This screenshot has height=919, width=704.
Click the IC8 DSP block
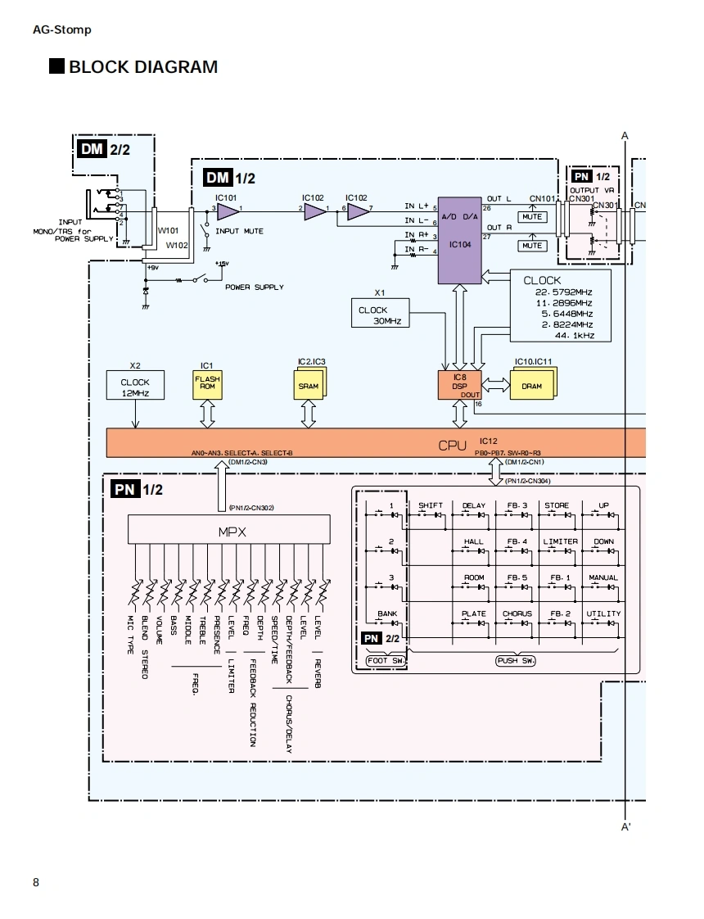click(x=459, y=385)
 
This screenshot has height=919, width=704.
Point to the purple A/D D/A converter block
click(x=459, y=240)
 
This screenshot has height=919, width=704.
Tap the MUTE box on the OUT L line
click(x=532, y=218)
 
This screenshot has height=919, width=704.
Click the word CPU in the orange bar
click(x=453, y=446)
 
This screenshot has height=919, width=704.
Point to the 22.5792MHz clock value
click(x=563, y=292)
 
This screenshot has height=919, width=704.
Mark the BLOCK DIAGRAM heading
click(x=143, y=67)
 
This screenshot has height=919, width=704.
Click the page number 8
click(x=36, y=882)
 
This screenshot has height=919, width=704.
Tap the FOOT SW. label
click(x=386, y=660)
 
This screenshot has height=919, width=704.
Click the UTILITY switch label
click(x=603, y=613)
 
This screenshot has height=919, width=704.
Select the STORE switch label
click(x=557, y=505)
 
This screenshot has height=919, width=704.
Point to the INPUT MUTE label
click(x=239, y=231)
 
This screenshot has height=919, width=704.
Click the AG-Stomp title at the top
click(x=62, y=29)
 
